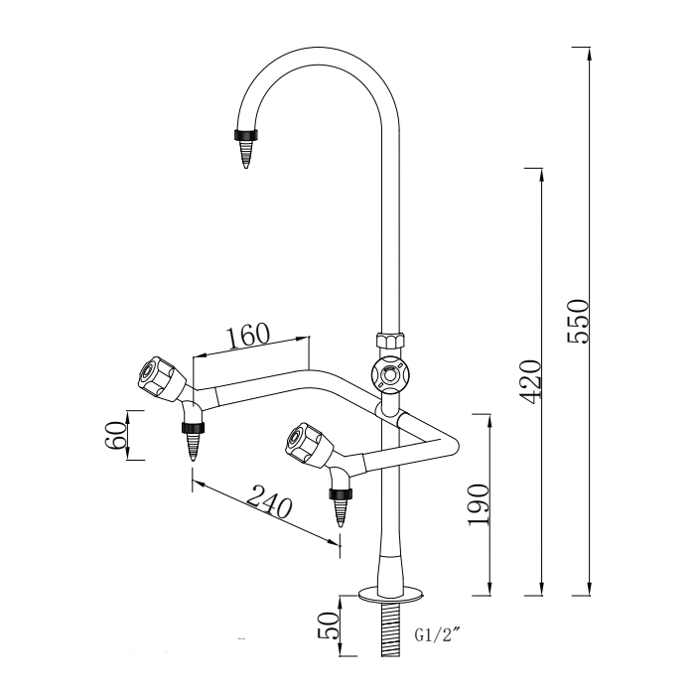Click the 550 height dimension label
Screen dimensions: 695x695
pos(579,321)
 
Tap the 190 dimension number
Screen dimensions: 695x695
pos(480,506)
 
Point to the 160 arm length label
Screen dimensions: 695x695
pos(248,335)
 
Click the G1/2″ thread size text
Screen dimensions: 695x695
pos(436,633)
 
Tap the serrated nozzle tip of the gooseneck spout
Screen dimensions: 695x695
pos(245,154)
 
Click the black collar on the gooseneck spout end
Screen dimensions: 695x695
pos(243,134)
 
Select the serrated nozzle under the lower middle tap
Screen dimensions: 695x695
pos(342,509)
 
